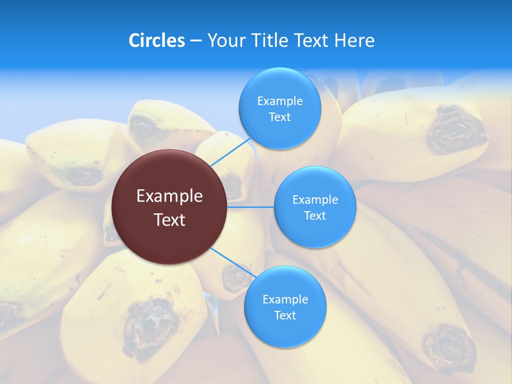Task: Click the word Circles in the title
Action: (157, 41)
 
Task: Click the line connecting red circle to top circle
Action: (230, 151)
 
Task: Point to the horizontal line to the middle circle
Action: (251, 207)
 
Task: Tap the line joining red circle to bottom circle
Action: (233, 262)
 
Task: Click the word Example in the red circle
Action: (169, 196)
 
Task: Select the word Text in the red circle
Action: (169, 220)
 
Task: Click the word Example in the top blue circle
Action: (279, 101)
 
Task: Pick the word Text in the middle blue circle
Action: (315, 216)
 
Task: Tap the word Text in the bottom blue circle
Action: (285, 316)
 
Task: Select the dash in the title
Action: (196, 41)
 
